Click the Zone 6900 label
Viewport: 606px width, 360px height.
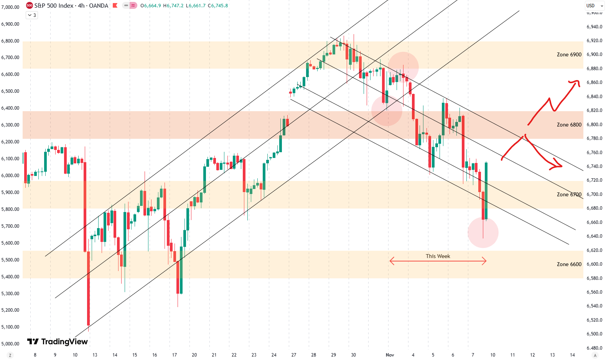coord(569,55)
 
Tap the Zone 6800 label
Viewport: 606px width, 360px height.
coord(569,125)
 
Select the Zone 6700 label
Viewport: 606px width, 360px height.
coord(569,195)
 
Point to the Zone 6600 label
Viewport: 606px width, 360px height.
coord(569,265)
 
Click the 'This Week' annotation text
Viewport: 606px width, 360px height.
coord(438,256)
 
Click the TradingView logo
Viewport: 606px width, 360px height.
coord(58,342)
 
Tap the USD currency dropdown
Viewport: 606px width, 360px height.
coord(594,6)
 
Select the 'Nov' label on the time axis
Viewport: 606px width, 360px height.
coord(390,355)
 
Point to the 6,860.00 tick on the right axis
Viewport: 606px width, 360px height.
coord(594,82)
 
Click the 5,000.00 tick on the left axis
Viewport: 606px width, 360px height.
coord(10,344)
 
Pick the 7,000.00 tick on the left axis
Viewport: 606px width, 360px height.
coord(10,7)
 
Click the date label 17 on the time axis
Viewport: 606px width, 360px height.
coord(175,355)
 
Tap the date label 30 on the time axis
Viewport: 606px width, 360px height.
coord(353,355)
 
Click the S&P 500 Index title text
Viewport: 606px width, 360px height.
coord(54,6)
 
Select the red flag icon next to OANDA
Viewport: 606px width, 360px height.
coord(115,6)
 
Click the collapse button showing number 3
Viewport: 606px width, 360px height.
coord(32,15)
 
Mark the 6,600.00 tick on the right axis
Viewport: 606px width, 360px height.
coord(594,264)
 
